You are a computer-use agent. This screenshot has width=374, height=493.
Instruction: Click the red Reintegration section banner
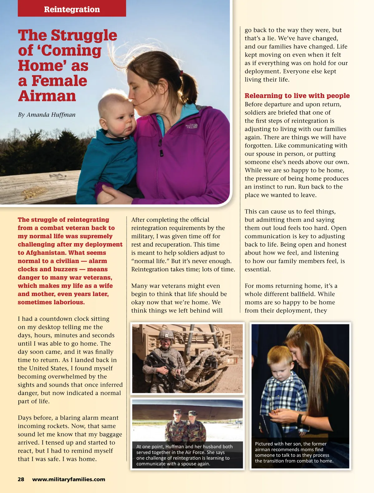(x=72, y=9)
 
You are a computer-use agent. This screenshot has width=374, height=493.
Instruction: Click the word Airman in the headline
(x=47, y=96)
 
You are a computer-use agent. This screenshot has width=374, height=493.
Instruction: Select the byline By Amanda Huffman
(x=47, y=115)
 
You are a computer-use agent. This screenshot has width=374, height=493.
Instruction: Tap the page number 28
(x=21, y=479)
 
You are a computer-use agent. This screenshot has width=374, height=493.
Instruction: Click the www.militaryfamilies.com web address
(x=69, y=479)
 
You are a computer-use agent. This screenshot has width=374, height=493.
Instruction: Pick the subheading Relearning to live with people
(x=297, y=96)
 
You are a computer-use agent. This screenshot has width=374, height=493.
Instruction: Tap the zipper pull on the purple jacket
(x=161, y=152)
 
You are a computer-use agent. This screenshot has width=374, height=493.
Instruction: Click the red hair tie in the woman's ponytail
(x=181, y=73)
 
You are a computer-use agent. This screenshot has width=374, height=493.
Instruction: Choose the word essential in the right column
(x=258, y=269)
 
